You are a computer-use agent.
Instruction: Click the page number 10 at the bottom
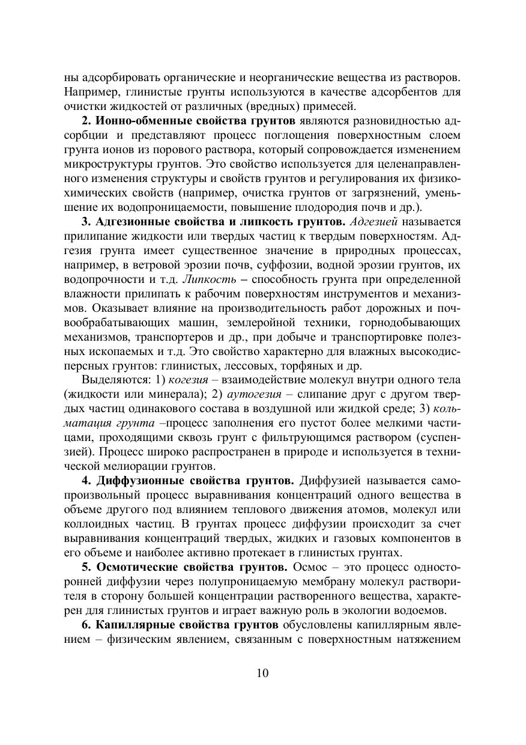[262, 672]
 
